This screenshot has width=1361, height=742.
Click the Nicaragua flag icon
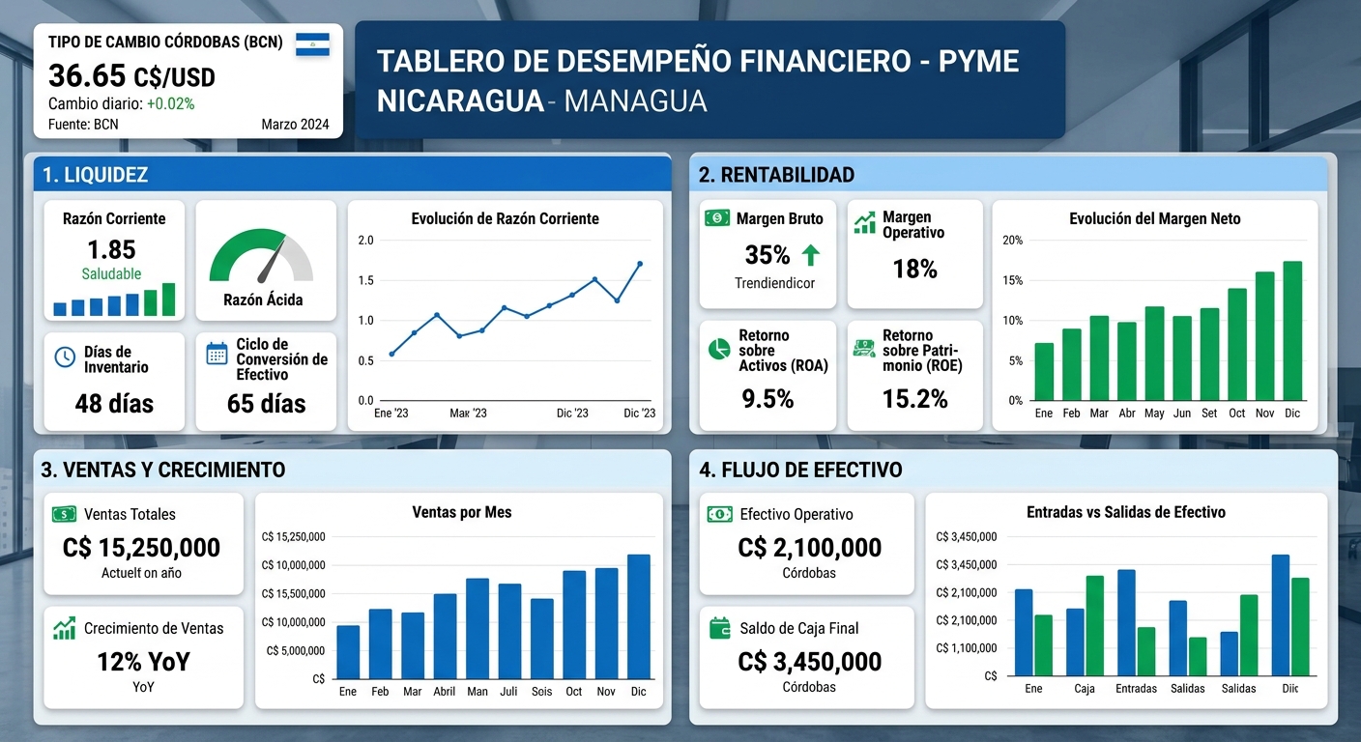click(x=312, y=44)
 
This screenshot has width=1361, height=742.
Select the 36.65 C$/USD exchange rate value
click(x=131, y=75)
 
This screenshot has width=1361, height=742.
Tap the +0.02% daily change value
click(x=170, y=103)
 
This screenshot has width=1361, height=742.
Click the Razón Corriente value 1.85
click(x=111, y=249)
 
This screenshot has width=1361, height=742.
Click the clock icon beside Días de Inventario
click(x=65, y=357)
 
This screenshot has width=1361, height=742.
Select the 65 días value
click(x=266, y=403)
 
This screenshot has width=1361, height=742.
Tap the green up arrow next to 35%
click(x=810, y=255)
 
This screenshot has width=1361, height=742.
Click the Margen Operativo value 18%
click(x=914, y=270)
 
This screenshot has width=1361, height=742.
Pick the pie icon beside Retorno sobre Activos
click(x=718, y=350)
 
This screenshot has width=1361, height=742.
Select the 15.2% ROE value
click(x=914, y=398)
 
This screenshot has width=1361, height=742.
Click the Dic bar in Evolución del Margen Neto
click(x=1292, y=330)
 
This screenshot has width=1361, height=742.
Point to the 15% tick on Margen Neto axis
click(x=1012, y=281)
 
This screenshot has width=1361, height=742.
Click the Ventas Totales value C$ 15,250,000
click(x=141, y=547)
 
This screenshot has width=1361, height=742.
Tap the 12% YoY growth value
click(x=143, y=662)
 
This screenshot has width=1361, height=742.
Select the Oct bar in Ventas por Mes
click(x=574, y=624)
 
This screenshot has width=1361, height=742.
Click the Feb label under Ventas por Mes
click(x=380, y=692)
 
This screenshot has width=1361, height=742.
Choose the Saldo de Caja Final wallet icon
click(x=719, y=628)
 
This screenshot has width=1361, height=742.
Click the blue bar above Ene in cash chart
click(x=1024, y=632)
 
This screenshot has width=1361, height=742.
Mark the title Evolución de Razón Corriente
click(x=505, y=219)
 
